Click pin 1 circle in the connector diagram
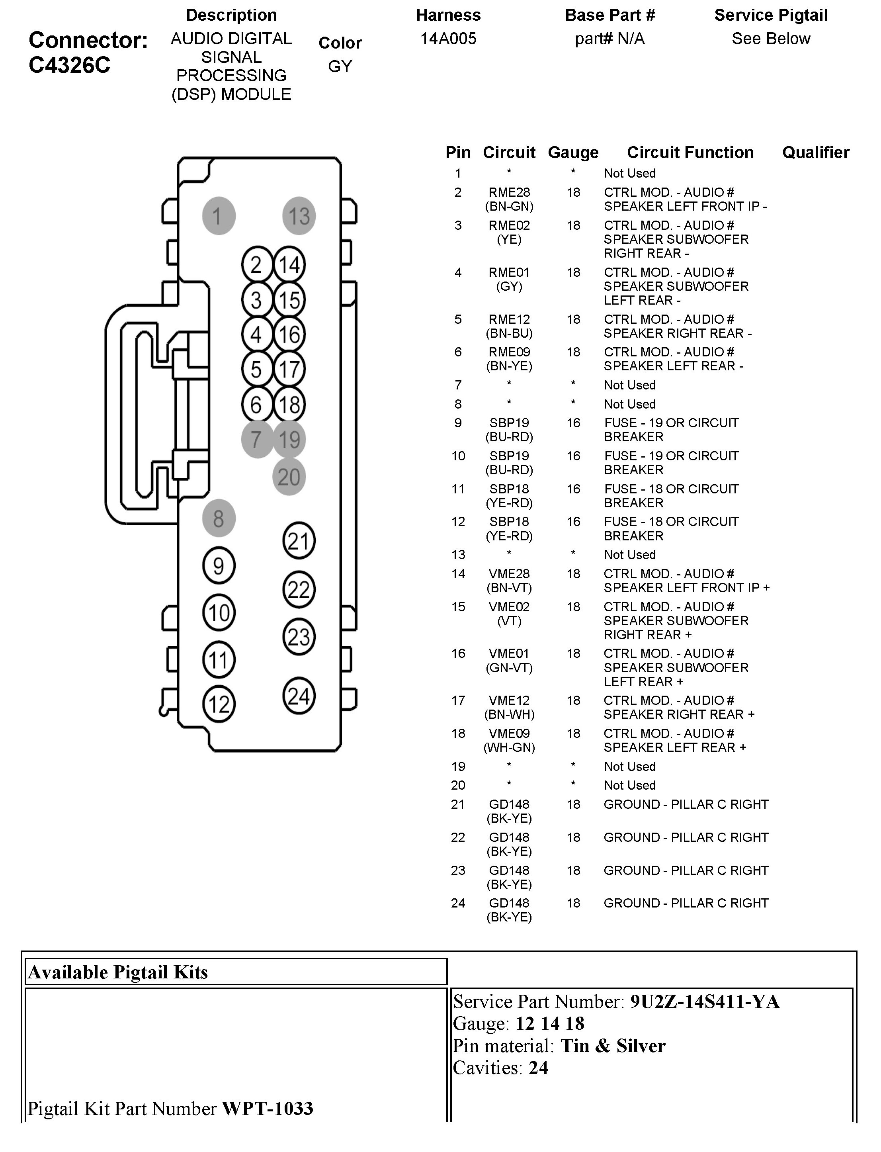click(x=219, y=215)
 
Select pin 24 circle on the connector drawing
click(x=299, y=696)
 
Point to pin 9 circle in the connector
click(x=219, y=565)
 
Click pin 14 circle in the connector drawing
click(x=289, y=265)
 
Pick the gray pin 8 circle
click(x=219, y=518)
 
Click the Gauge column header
click(x=573, y=153)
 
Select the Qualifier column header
click(x=815, y=152)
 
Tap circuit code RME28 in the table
click(x=509, y=192)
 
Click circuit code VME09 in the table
click(x=509, y=733)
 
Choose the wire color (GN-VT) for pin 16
click(x=509, y=668)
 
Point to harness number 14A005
click(x=448, y=38)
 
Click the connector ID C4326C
click(x=70, y=65)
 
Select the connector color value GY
click(x=340, y=66)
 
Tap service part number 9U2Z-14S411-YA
click(x=705, y=1002)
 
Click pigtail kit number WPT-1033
click(x=268, y=1109)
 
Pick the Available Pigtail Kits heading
click(x=118, y=972)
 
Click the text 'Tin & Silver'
click(x=613, y=1046)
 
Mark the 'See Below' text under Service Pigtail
click(x=771, y=38)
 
